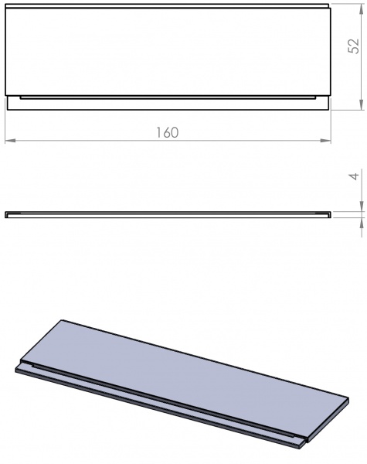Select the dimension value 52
pyautogui.click(x=352, y=47)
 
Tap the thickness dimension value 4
pyautogui.click(x=352, y=176)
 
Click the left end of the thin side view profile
pyautogui.click(x=6, y=213)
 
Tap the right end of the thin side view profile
pyautogui.click(x=330, y=213)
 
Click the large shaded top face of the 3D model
pyautogui.click(x=185, y=371)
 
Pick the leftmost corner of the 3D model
pyautogui.click(x=15, y=370)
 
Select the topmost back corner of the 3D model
pyautogui.click(x=62, y=320)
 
